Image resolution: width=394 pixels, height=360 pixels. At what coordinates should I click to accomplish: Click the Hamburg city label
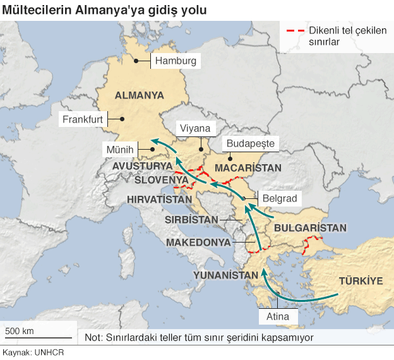(175, 62)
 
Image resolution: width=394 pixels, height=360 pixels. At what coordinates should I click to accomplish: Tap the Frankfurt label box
(83, 119)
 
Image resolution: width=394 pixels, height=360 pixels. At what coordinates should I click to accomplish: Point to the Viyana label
(194, 129)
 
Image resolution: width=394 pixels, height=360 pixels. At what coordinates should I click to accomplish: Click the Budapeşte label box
(250, 144)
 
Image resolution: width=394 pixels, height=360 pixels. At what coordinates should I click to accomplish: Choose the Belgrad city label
(279, 198)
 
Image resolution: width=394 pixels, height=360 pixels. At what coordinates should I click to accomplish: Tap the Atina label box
(278, 316)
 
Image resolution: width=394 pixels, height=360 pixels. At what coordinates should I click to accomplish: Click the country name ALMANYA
(139, 95)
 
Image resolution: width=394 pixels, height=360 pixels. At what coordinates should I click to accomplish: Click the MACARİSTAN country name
(248, 168)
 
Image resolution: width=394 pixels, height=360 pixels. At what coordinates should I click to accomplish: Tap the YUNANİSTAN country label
(226, 275)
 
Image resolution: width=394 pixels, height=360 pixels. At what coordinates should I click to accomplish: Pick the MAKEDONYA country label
(198, 243)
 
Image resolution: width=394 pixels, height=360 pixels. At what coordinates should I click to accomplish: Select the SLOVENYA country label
(162, 180)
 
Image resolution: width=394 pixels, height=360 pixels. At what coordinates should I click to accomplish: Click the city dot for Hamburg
(136, 61)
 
